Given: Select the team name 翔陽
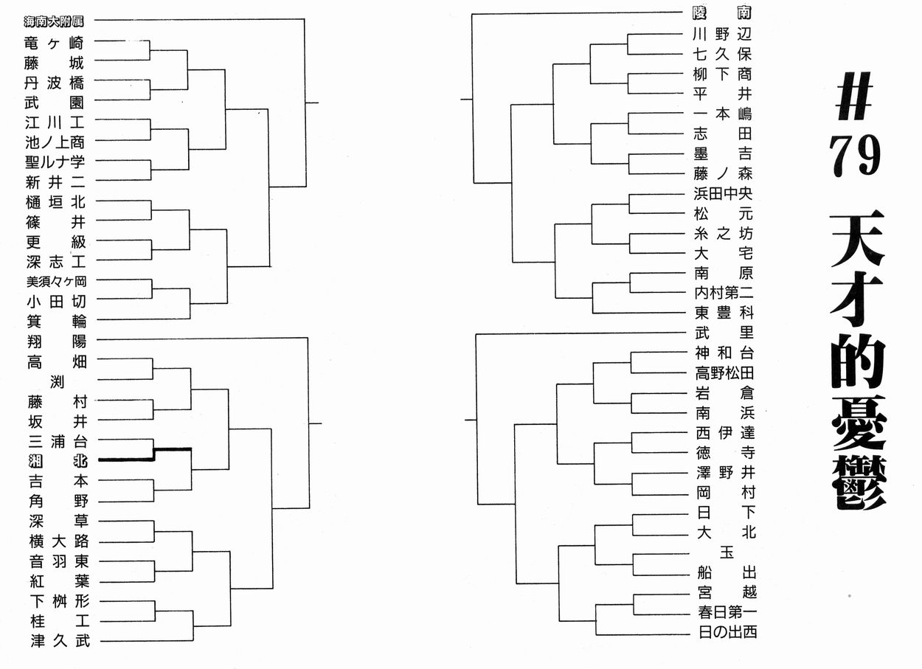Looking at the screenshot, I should click(x=57, y=342).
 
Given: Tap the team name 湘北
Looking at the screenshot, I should click(x=57, y=461).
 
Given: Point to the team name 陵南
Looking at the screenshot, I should click(x=723, y=13).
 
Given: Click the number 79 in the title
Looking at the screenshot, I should click(x=855, y=156).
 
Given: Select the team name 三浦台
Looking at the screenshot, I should click(x=57, y=441).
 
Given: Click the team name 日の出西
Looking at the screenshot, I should click(x=727, y=632).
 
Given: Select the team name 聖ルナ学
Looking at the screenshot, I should click(x=55, y=162).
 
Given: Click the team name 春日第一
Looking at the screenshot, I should click(x=727, y=612).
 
